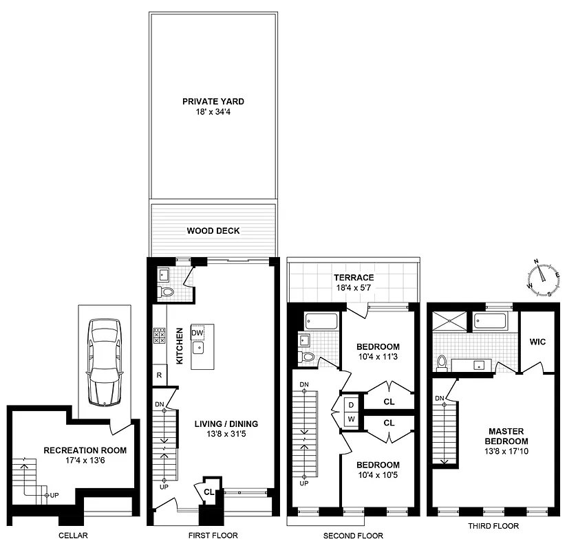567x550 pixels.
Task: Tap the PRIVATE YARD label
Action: pyautogui.click(x=213, y=101)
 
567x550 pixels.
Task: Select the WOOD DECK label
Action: pyautogui.click(x=213, y=231)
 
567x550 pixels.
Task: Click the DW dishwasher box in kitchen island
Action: pyautogui.click(x=197, y=333)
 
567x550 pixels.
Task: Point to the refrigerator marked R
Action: pyautogui.click(x=159, y=375)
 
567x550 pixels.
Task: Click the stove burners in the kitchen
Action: pyautogui.click(x=159, y=335)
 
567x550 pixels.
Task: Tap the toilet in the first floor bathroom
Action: pyautogui.click(x=167, y=292)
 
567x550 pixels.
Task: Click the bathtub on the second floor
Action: pyautogui.click(x=321, y=321)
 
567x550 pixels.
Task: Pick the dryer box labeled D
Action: pyautogui.click(x=351, y=405)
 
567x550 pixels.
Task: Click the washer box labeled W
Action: pyautogui.click(x=351, y=419)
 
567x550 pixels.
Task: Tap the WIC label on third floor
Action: pyautogui.click(x=537, y=341)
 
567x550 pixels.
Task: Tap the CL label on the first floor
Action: pyautogui.click(x=208, y=492)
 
